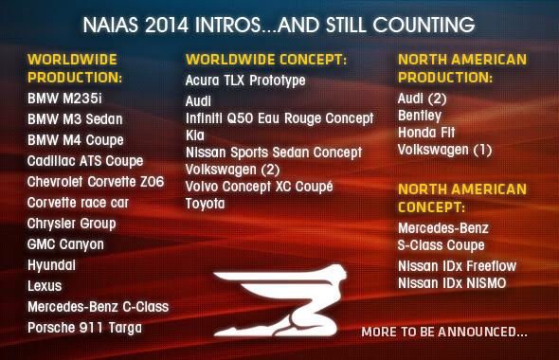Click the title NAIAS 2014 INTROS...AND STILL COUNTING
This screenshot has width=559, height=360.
point(279,20)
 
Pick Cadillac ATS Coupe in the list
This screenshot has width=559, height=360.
point(85,161)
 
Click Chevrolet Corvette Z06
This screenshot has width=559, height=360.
point(95,182)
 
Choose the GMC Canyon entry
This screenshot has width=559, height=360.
point(65,244)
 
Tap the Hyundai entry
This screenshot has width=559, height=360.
point(51,265)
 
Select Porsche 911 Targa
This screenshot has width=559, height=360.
point(84,328)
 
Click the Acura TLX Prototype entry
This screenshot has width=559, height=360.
point(245,81)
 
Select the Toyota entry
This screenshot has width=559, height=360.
point(205,204)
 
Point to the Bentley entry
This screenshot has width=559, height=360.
point(420,116)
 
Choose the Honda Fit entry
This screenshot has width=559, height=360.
point(426,133)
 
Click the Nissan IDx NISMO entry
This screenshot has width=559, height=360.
point(452,283)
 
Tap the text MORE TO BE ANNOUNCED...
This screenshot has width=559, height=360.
point(444,333)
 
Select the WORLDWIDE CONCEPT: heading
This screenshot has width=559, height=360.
point(265,60)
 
